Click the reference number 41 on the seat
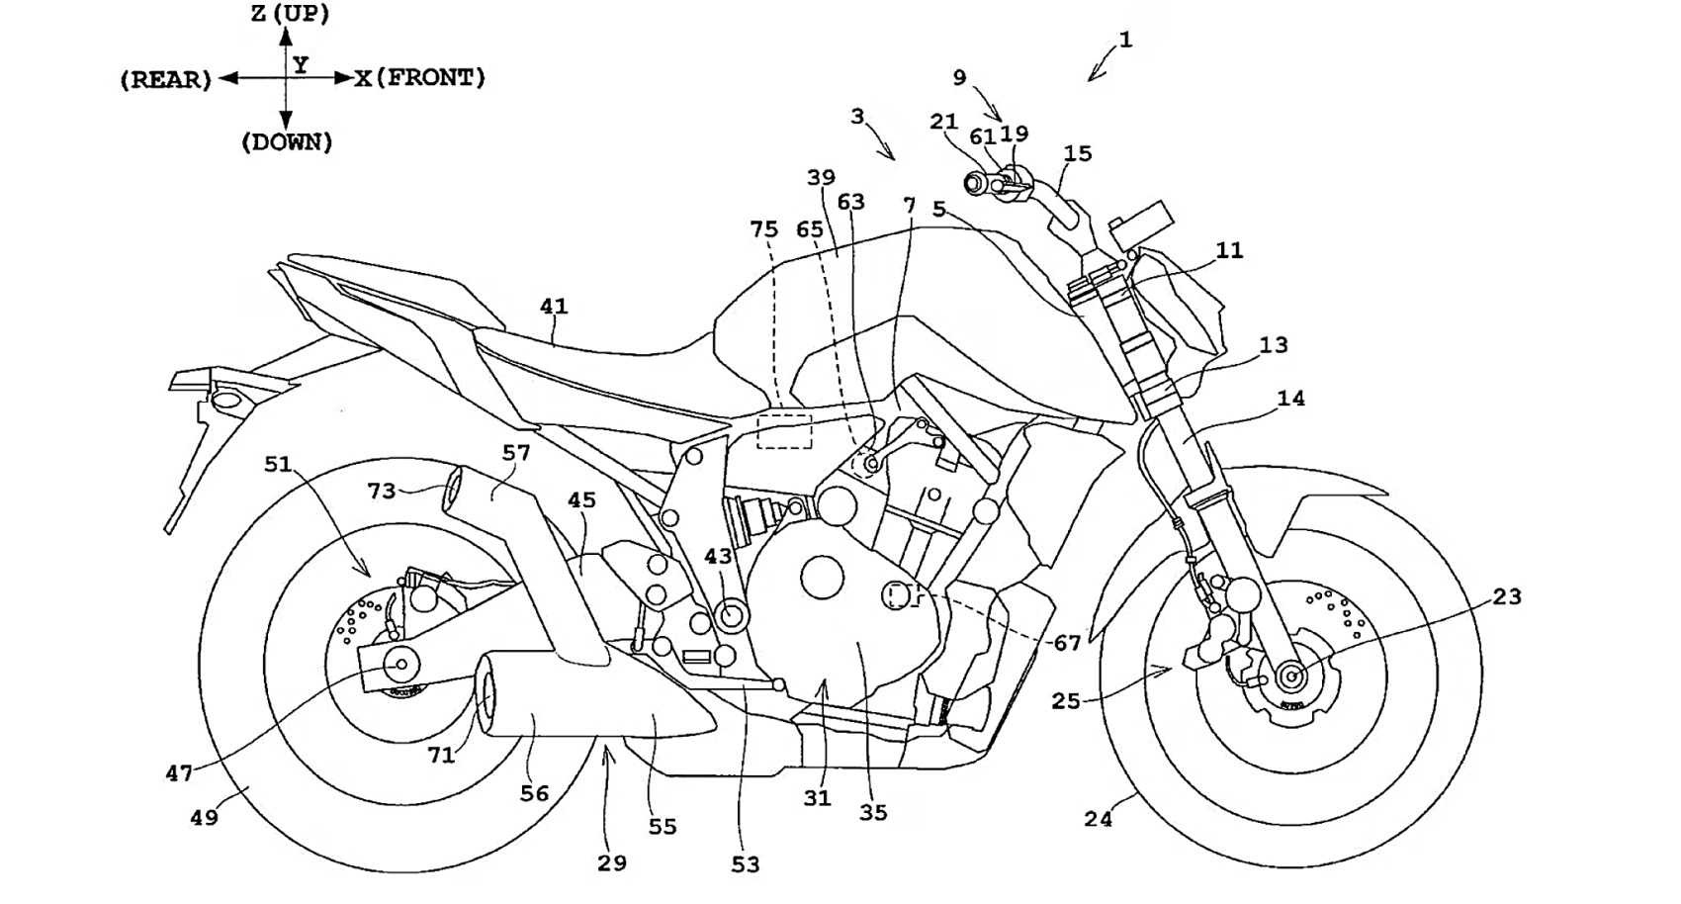(554, 307)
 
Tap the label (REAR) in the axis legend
(166, 80)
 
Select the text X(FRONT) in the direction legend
(421, 78)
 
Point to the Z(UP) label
(290, 14)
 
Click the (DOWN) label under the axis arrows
(287, 142)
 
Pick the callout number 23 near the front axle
(1507, 596)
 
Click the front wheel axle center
(1290, 677)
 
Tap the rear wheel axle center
(402, 666)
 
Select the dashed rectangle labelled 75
(784, 432)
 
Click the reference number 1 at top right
(1125, 41)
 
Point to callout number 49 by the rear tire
(204, 818)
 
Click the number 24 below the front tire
(1098, 819)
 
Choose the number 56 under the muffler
(534, 793)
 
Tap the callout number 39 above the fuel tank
(821, 178)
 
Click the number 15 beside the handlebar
(1078, 153)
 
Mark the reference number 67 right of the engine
(1067, 643)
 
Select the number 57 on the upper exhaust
(516, 453)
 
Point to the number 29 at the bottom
(612, 862)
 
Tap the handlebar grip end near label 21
(972, 183)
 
